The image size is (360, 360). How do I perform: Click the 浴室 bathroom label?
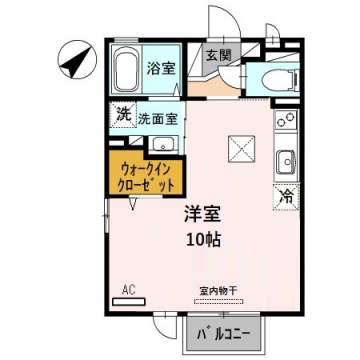pyautogui.click(x=161, y=68)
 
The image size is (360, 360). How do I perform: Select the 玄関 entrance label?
pyautogui.click(x=218, y=57)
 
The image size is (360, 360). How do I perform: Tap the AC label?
pyautogui.click(x=127, y=290)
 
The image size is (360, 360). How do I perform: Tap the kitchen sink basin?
pyautogui.click(x=286, y=159)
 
